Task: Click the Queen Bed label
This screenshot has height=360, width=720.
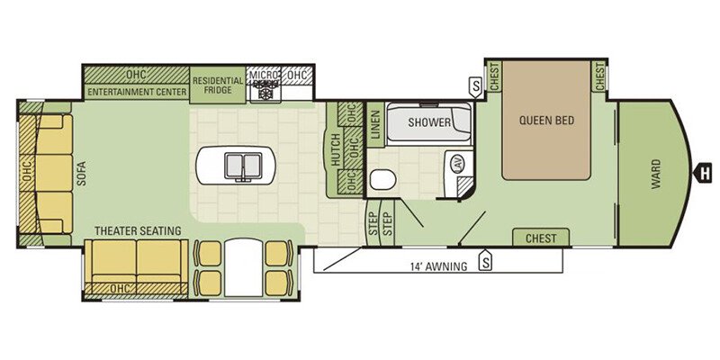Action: coord(546,121)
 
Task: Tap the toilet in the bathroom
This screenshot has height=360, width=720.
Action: coord(383,179)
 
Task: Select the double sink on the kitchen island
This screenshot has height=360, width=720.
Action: coord(242,166)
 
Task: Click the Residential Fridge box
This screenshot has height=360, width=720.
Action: coord(217,85)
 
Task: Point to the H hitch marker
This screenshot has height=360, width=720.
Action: coord(703,174)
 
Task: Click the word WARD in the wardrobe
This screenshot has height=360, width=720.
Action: coord(655,174)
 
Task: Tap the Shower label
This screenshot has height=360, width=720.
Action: coord(429,122)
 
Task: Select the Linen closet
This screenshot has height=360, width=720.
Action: coord(375,124)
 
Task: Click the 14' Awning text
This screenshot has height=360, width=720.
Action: coord(438,265)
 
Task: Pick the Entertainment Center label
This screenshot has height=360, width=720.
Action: coord(137,92)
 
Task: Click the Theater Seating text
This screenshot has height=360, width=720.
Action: coord(138,230)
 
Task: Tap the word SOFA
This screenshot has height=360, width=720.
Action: coord(82,173)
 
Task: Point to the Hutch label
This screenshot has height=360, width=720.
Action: coord(335,149)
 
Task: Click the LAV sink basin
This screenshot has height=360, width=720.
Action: coord(458,164)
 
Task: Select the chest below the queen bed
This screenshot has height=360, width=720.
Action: coord(541,238)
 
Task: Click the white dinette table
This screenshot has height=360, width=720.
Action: coord(243,266)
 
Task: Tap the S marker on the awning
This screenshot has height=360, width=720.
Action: coord(485,262)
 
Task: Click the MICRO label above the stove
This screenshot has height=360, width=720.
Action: coord(263,75)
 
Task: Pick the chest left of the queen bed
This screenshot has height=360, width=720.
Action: coord(494,76)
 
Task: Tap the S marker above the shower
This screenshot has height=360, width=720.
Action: coord(476,86)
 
